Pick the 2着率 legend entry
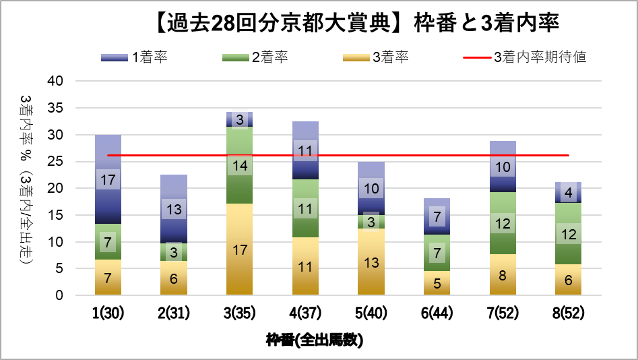pos(255,57)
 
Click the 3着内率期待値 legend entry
pos(525,57)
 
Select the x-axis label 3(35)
pos(240,314)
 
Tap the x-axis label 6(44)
pos(437,314)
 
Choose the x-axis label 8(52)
pos(568,314)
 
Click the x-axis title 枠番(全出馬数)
pos(315,340)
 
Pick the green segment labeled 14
pos(240,165)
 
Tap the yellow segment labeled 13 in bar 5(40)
pos(371,263)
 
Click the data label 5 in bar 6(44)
pos(437,284)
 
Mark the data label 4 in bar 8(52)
pos(568,193)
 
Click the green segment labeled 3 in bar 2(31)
pos(174,252)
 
